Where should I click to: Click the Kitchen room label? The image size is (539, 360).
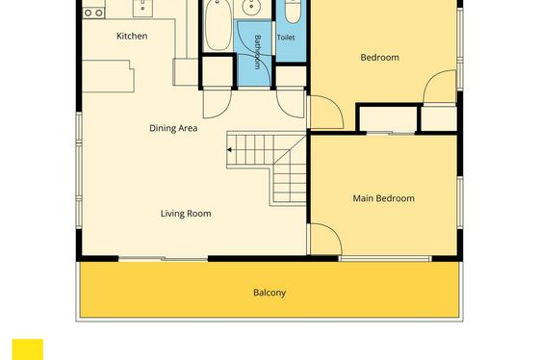pyautogui.click(x=132, y=37)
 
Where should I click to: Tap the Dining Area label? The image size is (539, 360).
pyautogui.click(x=173, y=128)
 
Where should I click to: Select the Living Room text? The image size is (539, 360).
pyautogui.click(x=186, y=214)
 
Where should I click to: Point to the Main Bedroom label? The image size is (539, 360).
pyautogui.click(x=384, y=198)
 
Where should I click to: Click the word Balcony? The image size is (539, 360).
pyautogui.click(x=269, y=293)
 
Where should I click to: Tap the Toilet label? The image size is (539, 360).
pyautogui.click(x=286, y=38)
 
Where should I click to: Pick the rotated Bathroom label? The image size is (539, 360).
pyautogui.click(x=258, y=52)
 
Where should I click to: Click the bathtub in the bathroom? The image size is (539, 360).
pyautogui.click(x=218, y=25)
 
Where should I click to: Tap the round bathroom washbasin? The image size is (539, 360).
pyautogui.click(x=252, y=8)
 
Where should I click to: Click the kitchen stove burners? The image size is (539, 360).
pyautogui.click(x=93, y=13)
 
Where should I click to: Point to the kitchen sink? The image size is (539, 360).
pyautogui.click(x=142, y=8)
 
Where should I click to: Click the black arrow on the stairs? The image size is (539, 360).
pyautogui.click(x=229, y=150)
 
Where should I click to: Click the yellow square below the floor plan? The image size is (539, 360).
pyautogui.click(x=28, y=349)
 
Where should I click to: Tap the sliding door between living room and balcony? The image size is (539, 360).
pyautogui.click(x=164, y=258)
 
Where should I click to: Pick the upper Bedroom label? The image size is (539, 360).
pyautogui.click(x=380, y=58)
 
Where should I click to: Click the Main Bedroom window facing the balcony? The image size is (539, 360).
pyautogui.click(x=385, y=259)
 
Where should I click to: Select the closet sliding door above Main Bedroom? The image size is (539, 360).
pyautogui.click(x=391, y=133)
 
